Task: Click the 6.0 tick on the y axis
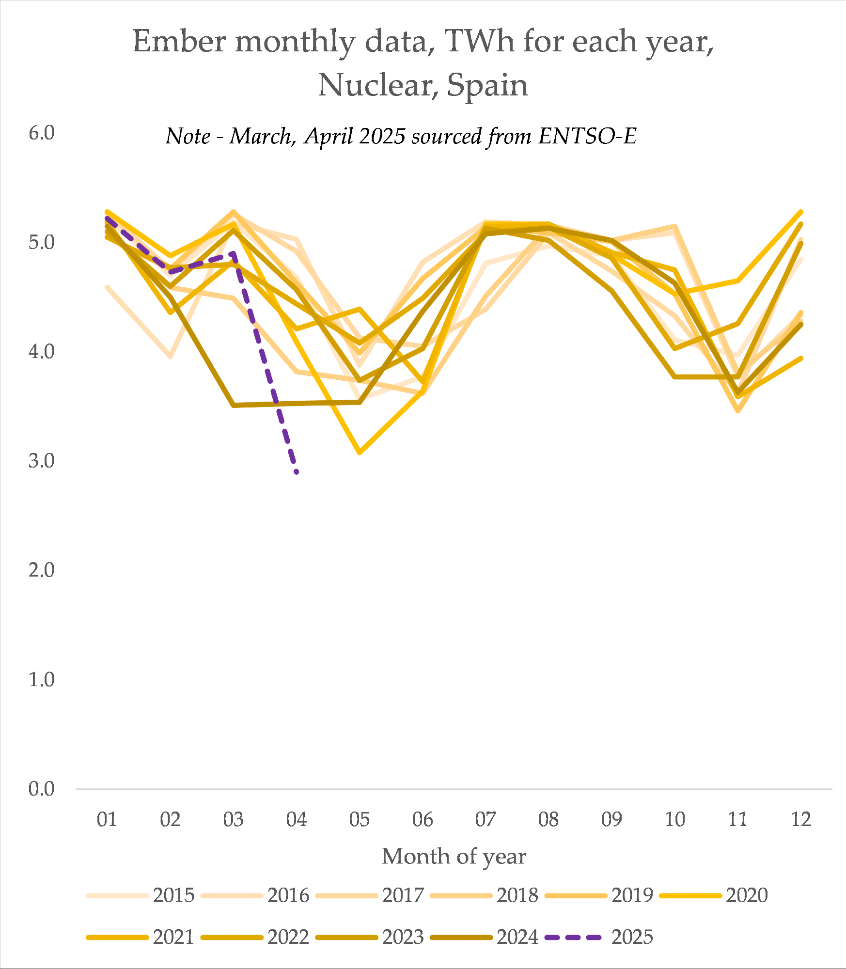[42, 133]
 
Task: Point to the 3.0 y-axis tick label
[42, 460]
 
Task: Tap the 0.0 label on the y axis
[42, 789]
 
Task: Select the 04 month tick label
[297, 819]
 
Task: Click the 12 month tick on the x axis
[801, 819]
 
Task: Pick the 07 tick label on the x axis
[486, 819]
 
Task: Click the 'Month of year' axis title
[454, 857]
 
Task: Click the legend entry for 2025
[599, 937]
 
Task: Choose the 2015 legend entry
[141, 895]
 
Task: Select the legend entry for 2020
[714, 895]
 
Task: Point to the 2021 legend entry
[141, 937]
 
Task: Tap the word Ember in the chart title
[180, 41]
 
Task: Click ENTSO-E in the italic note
[588, 136]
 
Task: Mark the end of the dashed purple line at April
[296, 472]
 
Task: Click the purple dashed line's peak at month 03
[234, 253]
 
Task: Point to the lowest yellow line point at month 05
[360, 453]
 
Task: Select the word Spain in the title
[487, 86]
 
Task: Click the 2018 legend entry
[485, 895]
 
